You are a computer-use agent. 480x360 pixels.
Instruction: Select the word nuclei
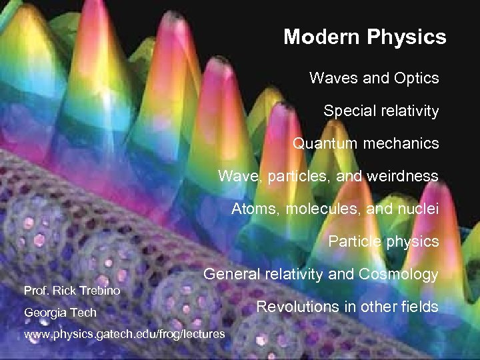point(419,209)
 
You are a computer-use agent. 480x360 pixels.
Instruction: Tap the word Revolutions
point(297,307)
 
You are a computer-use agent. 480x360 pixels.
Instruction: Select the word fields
point(419,307)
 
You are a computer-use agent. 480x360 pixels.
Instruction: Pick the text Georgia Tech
point(60,313)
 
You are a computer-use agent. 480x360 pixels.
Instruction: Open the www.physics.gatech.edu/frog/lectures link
point(125,333)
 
